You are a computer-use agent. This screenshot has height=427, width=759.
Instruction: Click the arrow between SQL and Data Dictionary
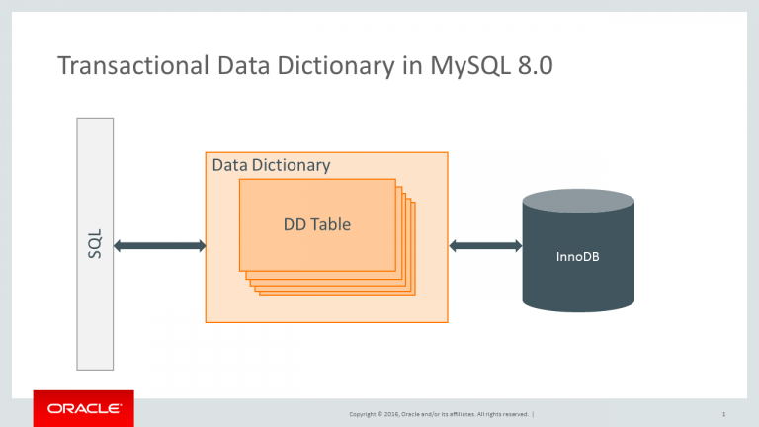point(159,245)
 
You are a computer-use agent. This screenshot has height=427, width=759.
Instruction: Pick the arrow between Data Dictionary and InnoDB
point(485,245)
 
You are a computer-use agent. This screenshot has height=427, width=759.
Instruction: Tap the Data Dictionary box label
point(271,165)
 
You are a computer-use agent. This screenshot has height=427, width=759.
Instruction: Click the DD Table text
point(316,224)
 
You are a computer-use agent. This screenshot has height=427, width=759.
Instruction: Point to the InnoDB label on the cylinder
point(578,258)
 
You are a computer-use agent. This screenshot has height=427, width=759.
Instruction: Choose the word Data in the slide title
point(231,67)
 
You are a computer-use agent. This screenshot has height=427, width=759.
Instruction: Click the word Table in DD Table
point(331,224)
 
